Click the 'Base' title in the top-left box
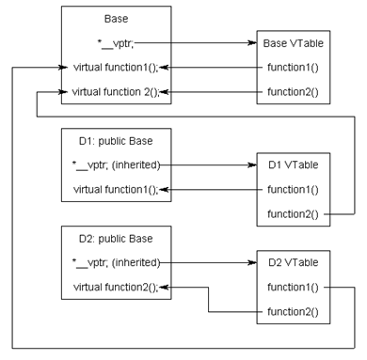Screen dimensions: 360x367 (x=116, y=18)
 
